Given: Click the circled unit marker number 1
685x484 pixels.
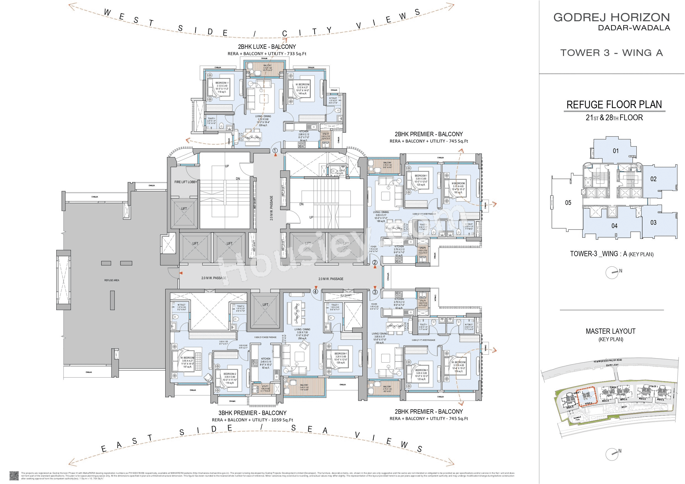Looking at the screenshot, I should point(275,151).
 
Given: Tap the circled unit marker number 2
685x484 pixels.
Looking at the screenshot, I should point(375,263).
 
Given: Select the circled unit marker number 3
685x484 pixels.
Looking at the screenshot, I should point(375,292).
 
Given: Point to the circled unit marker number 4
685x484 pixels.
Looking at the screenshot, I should point(315,291).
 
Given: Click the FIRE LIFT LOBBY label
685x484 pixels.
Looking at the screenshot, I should point(185,182).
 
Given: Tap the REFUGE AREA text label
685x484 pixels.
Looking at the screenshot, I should point(111,280).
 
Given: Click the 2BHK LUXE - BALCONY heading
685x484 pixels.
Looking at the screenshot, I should point(267,47).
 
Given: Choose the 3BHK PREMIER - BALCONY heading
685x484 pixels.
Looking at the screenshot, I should point(253,413).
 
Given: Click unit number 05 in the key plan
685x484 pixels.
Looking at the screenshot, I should point(568,203).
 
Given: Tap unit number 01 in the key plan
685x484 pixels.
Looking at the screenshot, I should point(616,151).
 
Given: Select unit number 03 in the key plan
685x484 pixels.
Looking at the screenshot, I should point(653,223).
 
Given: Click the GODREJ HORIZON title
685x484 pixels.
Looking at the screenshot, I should point(612,17).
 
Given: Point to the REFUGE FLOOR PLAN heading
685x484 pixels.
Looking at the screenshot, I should point(614,105).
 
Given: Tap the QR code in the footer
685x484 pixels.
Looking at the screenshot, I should point(14,475).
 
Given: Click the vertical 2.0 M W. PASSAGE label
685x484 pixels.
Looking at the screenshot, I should point(272,208).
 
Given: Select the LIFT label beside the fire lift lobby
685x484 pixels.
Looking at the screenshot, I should point(184,209).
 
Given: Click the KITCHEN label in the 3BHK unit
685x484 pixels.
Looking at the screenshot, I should point(265,359).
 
